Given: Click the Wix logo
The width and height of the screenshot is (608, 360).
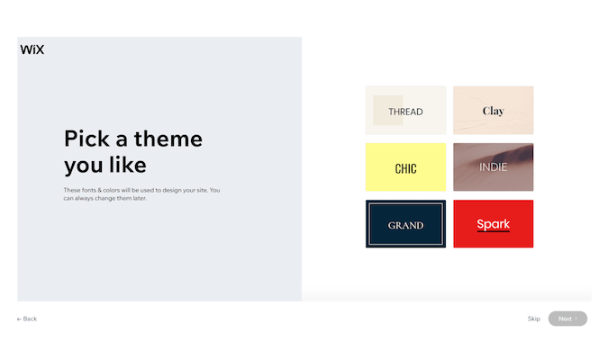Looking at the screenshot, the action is click(x=32, y=49).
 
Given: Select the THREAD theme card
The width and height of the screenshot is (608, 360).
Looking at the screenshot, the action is click(x=405, y=111).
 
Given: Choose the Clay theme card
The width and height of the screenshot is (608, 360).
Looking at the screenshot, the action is click(x=494, y=111).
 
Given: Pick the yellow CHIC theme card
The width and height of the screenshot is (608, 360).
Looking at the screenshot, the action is click(x=405, y=167).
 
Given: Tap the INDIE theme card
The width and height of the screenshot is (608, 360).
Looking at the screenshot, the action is click(x=494, y=167).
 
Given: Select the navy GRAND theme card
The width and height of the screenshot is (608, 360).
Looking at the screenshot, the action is click(x=405, y=224).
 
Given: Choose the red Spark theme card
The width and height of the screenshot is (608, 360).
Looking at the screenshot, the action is click(x=494, y=224).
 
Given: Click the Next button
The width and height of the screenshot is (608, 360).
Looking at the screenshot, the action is click(x=567, y=319).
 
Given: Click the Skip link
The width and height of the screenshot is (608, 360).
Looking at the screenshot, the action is click(x=534, y=319).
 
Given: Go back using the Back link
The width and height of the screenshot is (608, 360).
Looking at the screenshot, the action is click(x=27, y=319).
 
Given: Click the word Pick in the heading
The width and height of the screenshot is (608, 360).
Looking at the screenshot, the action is click(x=86, y=139).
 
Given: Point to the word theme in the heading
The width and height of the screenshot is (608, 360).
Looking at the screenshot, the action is click(x=168, y=139).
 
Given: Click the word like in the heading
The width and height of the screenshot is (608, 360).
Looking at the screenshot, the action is click(x=128, y=165).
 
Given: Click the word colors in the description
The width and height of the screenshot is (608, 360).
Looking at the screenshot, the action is click(x=112, y=190).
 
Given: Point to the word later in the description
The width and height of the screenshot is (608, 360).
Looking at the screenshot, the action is click(x=140, y=198).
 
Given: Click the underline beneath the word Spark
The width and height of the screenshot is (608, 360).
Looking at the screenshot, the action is click(x=494, y=231).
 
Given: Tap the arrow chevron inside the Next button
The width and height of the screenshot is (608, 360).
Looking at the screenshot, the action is click(x=576, y=319).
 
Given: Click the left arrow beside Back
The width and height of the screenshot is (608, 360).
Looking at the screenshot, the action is click(x=19, y=319).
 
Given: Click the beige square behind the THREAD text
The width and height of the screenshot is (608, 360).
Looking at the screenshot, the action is click(x=387, y=111).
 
